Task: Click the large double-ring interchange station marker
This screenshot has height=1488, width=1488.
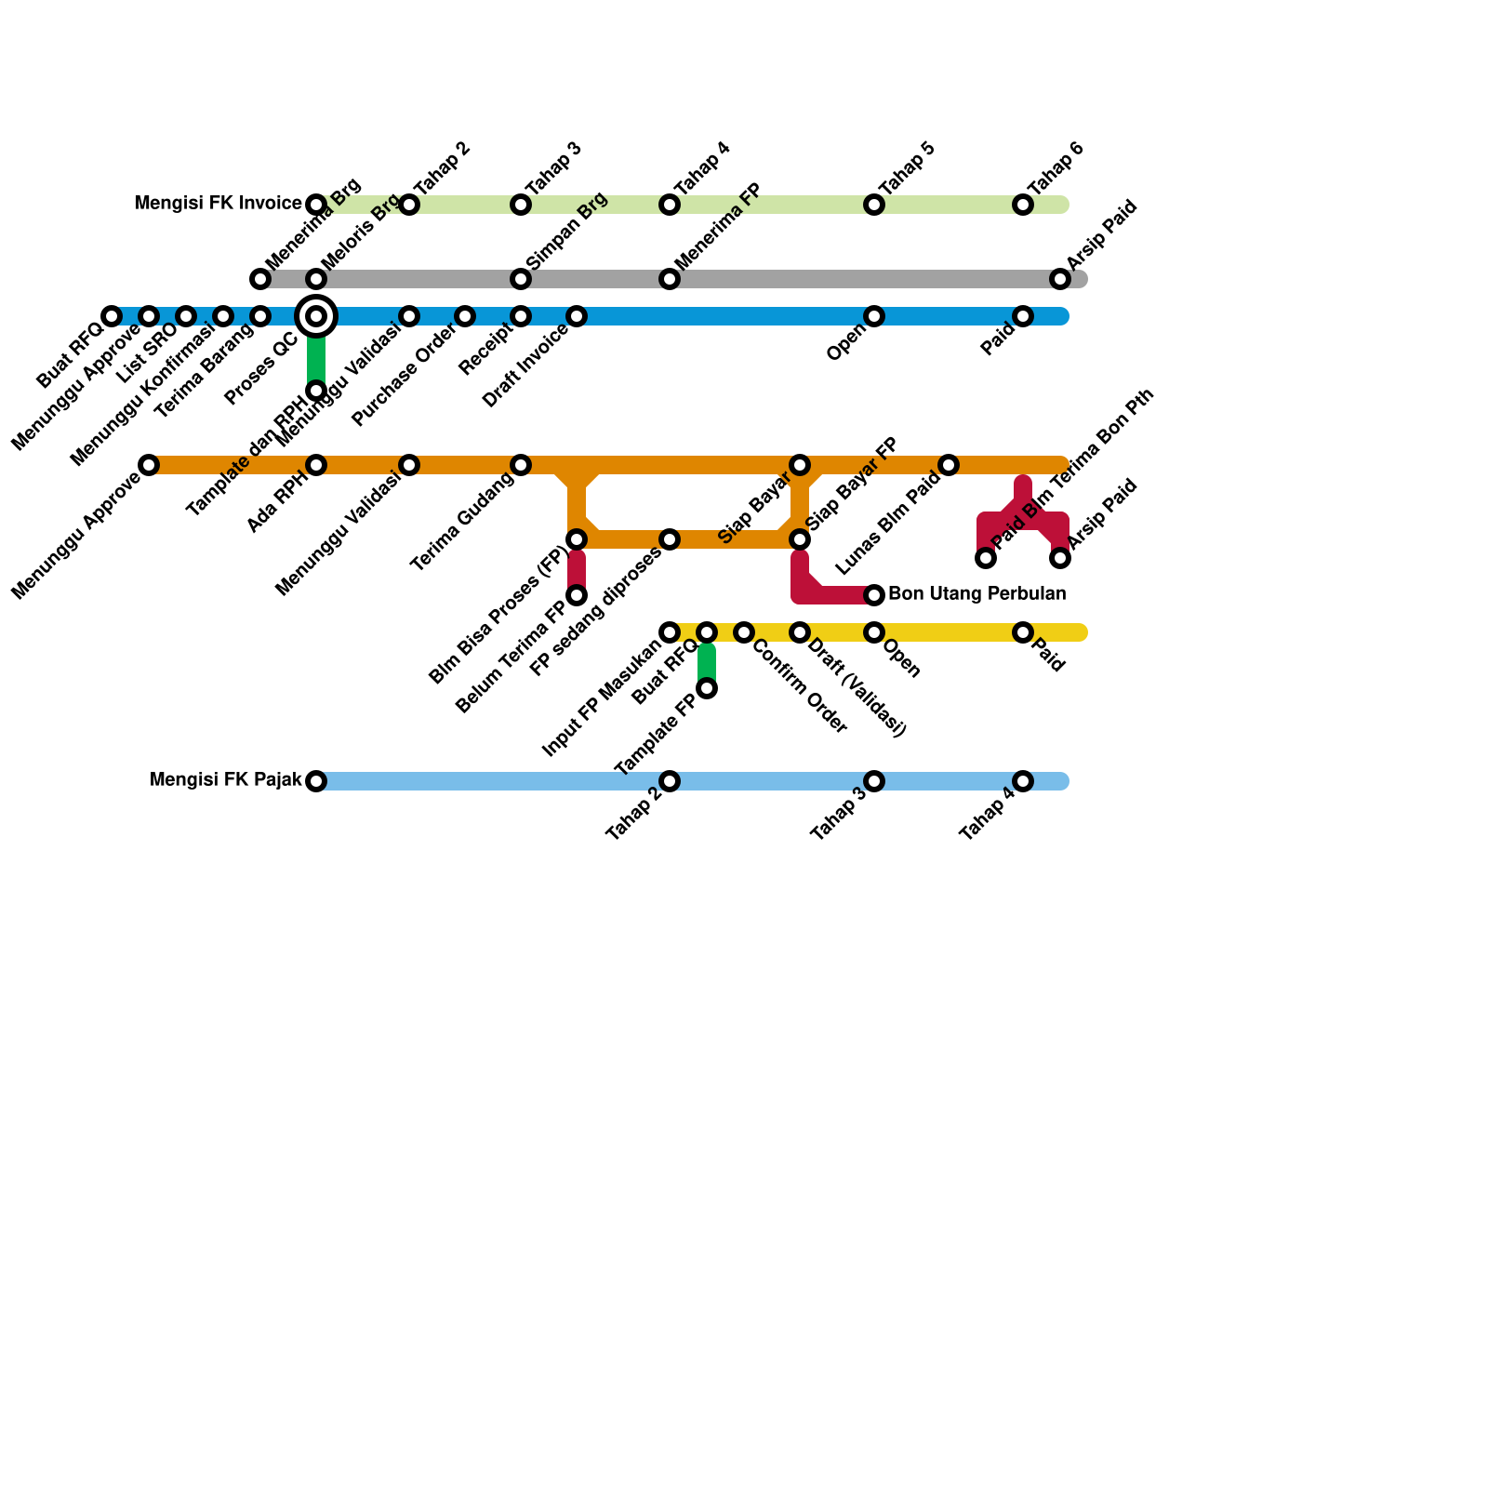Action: [x=316, y=316]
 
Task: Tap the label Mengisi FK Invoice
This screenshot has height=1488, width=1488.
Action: [x=219, y=204]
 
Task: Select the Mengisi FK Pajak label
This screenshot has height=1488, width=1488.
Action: [x=226, y=780]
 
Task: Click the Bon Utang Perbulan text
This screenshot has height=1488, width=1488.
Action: [x=976, y=594]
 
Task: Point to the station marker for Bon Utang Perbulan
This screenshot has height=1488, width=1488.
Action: [x=874, y=595]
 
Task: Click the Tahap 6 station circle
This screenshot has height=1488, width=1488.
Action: [x=1023, y=205]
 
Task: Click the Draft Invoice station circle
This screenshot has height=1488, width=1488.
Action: [x=577, y=316]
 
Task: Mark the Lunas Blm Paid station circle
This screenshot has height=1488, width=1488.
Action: [x=949, y=465]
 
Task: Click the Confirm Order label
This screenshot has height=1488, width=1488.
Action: [x=800, y=686]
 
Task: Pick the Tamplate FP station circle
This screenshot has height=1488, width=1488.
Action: [x=707, y=688]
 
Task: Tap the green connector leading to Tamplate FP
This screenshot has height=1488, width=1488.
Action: [x=707, y=661]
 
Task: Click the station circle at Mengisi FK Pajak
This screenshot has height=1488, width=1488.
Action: [x=316, y=781]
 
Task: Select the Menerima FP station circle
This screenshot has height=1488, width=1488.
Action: [x=670, y=279]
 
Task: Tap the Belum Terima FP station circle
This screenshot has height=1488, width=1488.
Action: [x=577, y=595]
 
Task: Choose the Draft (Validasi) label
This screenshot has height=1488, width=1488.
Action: [x=856, y=689]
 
